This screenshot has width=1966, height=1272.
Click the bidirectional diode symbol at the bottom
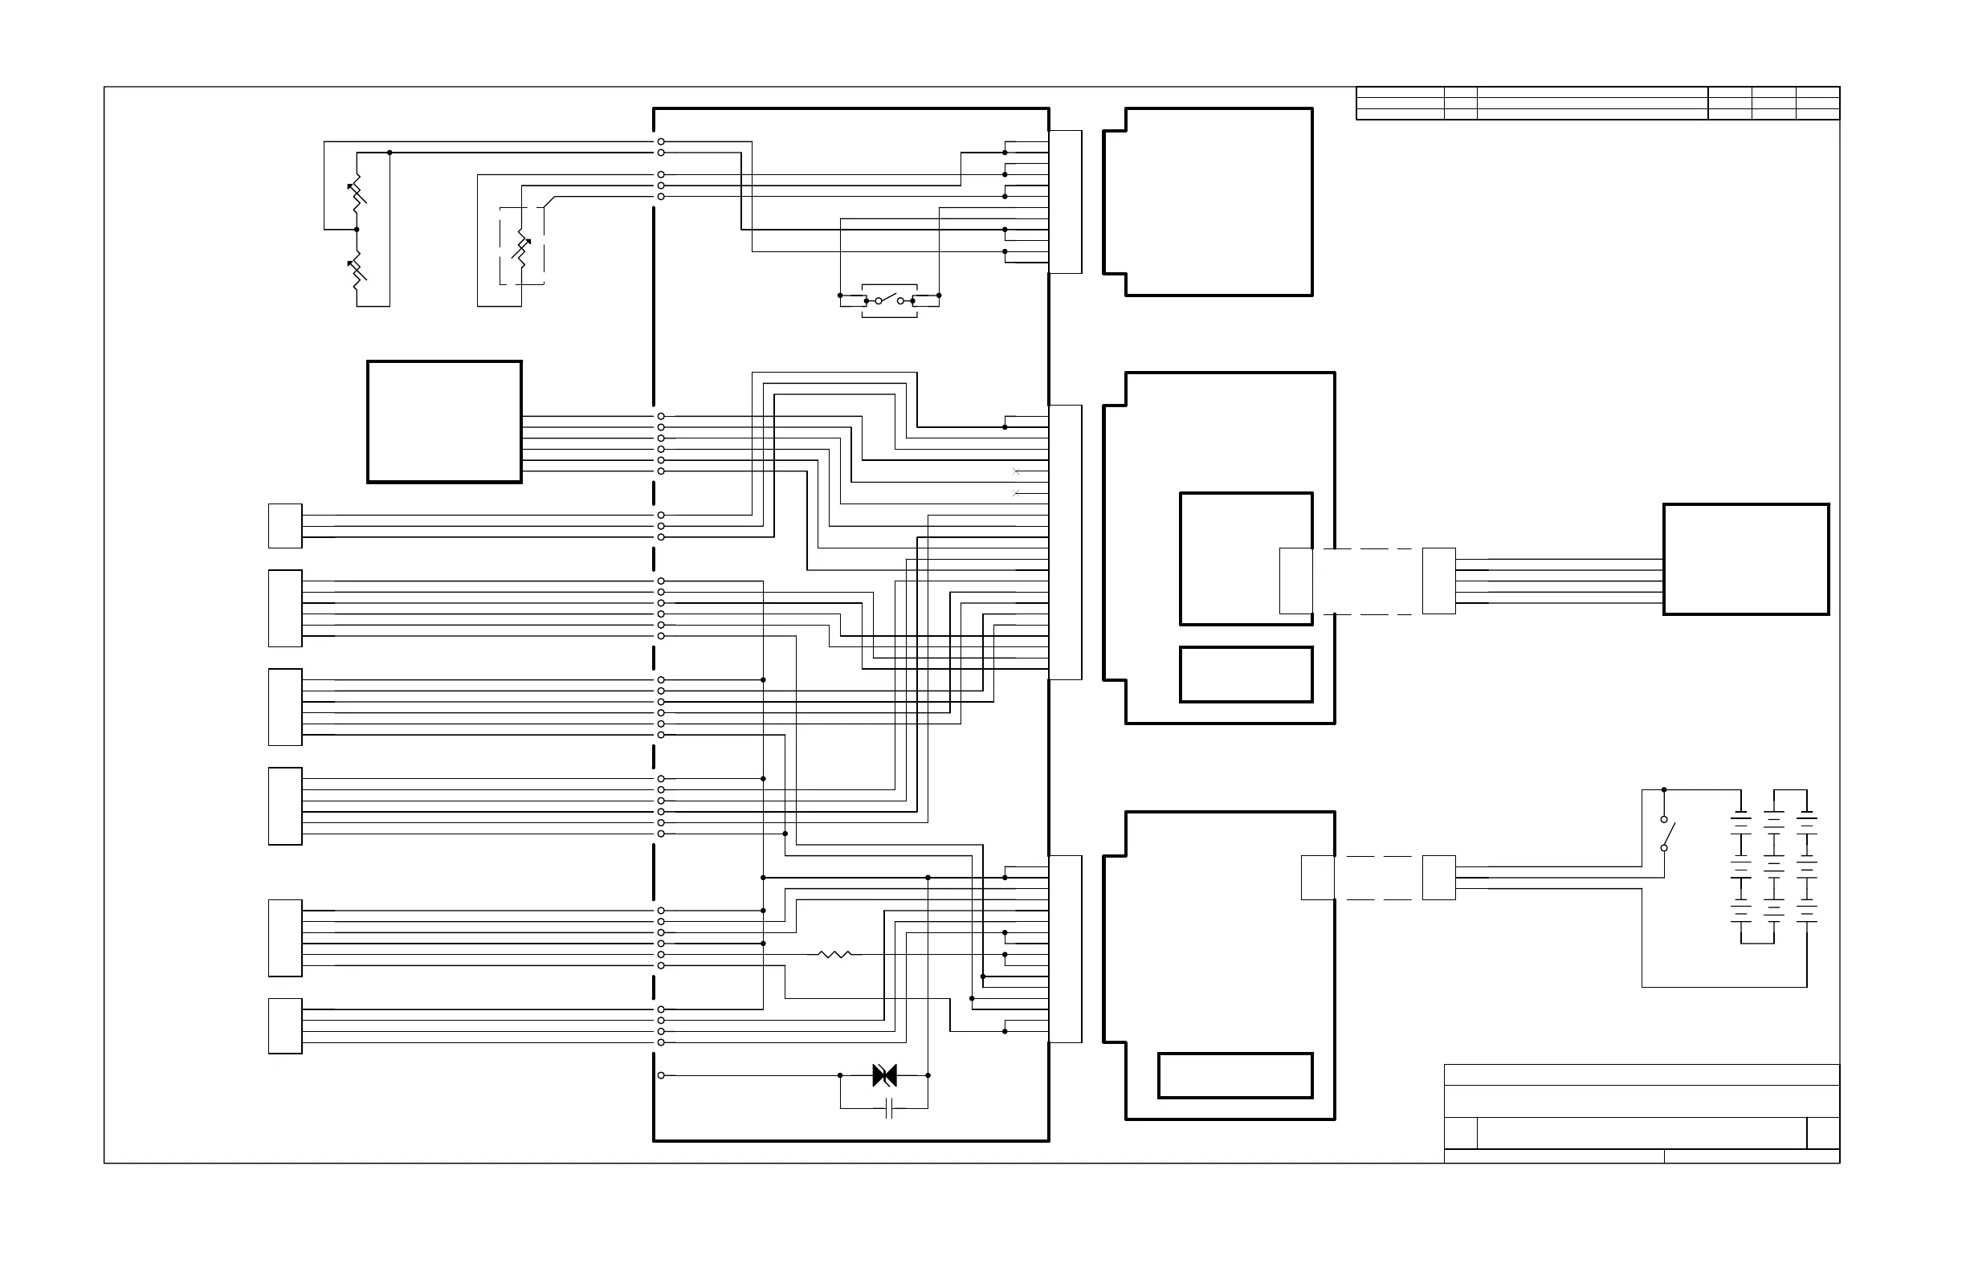884,1075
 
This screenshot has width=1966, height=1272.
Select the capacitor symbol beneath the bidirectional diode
889,1108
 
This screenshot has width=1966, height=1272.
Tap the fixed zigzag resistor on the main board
834,954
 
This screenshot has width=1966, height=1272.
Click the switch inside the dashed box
889,300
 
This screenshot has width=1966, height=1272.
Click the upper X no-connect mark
1016,471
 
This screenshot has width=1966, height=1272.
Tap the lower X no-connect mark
1016,493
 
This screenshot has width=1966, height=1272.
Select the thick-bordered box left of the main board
444,422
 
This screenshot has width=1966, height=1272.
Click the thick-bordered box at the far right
1745,559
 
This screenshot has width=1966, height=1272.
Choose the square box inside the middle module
1246,559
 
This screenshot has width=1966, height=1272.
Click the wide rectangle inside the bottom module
1235,1075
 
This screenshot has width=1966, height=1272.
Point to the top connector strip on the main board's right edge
1066,202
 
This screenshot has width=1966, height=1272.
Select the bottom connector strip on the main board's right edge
1066,949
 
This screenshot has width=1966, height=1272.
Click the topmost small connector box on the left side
285,525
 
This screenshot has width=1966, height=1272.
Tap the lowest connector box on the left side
285,1025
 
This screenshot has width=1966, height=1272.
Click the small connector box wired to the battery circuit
1438,877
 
